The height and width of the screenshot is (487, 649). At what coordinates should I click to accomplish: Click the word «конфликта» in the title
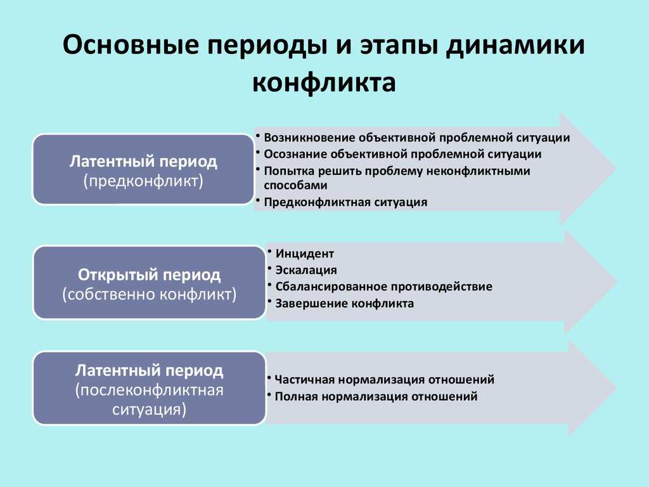click(x=324, y=82)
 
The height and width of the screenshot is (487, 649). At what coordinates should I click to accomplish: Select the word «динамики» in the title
click(x=515, y=46)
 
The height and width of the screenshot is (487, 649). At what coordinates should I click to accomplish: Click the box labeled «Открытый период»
click(x=149, y=282)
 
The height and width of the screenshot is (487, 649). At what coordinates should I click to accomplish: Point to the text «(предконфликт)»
click(x=143, y=181)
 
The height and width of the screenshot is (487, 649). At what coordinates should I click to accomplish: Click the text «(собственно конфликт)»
click(x=149, y=294)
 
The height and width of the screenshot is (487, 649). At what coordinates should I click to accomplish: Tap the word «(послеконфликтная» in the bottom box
click(x=150, y=390)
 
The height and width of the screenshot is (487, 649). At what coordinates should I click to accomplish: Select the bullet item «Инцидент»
click(x=305, y=254)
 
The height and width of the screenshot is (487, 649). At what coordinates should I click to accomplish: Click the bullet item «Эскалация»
click(x=306, y=270)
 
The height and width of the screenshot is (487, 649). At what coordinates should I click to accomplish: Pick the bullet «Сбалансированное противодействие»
click(x=383, y=287)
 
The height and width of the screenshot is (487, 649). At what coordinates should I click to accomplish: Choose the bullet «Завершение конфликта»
click(x=344, y=304)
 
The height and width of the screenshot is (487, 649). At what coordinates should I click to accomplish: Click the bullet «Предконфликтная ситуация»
click(x=345, y=202)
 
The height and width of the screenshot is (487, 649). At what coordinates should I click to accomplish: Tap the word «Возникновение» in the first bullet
click(x=309, y=138)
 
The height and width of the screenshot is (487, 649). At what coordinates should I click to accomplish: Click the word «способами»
click(x=295, y=185)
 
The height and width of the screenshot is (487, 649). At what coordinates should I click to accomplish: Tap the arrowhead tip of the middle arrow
click(x=617, y=282)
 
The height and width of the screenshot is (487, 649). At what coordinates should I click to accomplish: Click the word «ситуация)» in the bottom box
click(x=149, y=410)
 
